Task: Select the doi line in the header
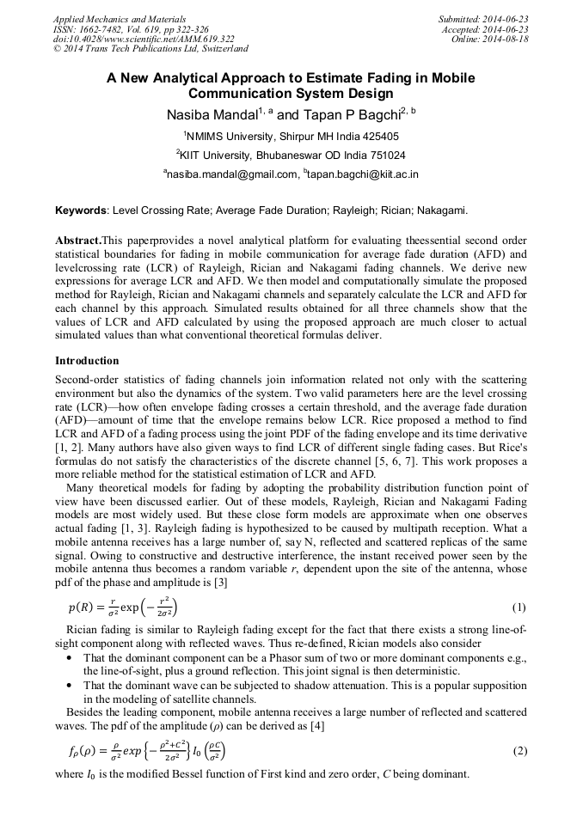[x=144, y=39]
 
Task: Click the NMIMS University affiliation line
[x=291, y=136]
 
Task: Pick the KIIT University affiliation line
[x=291, y=156]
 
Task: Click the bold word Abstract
[x=77, y=241]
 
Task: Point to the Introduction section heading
[x=87, y=361]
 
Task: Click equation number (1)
[x=519, y=607]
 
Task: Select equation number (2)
[x=519, y=751]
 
